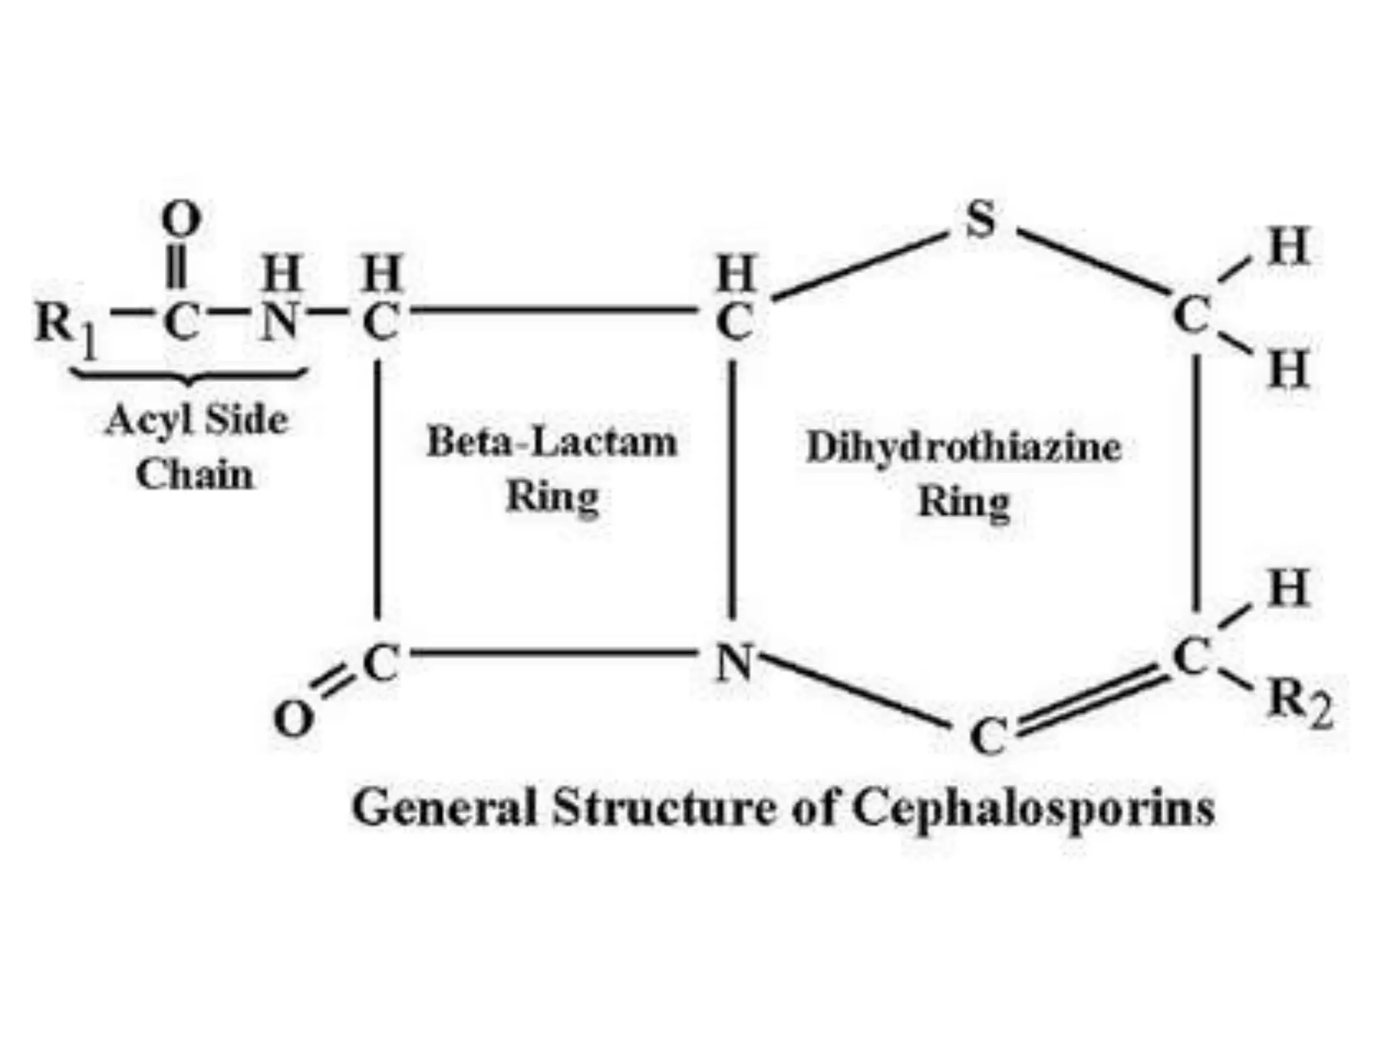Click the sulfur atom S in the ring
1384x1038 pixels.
pyautogui.click(x=981, y=220)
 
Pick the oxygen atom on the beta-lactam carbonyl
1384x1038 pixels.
pyautogui.click(x=293, y=719)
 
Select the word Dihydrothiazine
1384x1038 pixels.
pyautogui.click(x=964, y=448)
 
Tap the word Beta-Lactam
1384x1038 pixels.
pyautogui.click(x=551, y=443)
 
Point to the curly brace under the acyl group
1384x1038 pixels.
pyautogui.click(x=189, y=375)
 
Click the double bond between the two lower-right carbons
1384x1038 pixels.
pyautogui.click(x=1091, y=697)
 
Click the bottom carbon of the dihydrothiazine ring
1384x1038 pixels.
pyautogui.click(x=988, y=736)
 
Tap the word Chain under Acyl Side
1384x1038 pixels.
pyautogui.click(x=195, y=474)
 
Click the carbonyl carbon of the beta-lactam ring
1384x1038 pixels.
pyautogui.click(x=380, y=663)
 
